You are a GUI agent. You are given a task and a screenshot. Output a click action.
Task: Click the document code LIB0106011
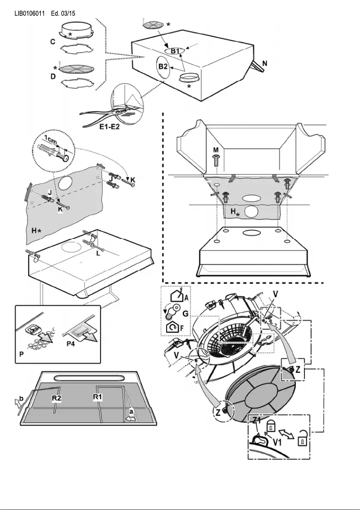click(x=30, y=13)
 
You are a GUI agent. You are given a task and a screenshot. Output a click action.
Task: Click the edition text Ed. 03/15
click(x=63, y=13)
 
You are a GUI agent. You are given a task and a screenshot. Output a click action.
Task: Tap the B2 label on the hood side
click(x=162, y=66)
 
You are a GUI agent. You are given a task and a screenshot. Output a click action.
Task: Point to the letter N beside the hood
click(x=265, y=64)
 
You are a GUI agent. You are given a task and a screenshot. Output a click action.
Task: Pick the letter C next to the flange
click(x=53, y=42)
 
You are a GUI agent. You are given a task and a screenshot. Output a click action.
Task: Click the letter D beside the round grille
click(x=53, y=76)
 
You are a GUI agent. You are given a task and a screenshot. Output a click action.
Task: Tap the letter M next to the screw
click(x=215, y=149)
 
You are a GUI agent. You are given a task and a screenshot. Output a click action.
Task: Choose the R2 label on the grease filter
click(x=56, y=398)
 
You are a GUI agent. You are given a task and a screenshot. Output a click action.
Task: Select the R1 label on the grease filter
click(x=98, y=397)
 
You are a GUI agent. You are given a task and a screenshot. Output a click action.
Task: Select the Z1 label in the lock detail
click(x=257, y=421)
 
